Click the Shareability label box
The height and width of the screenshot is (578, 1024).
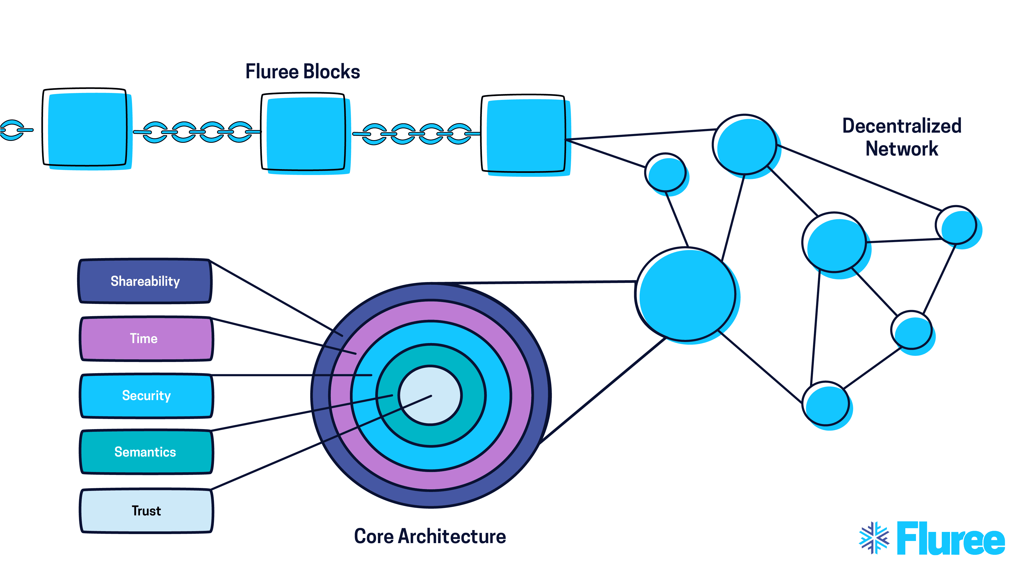[x=145, y=281]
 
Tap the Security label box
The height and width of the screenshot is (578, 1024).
[x=146, y=396]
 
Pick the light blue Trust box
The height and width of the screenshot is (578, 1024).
[x=146, y=511]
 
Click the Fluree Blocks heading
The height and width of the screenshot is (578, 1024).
[x=303, y=72]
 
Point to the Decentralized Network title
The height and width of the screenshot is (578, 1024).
[x=902, y=137]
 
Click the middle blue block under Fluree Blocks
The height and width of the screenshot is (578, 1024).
[x=304, y=133]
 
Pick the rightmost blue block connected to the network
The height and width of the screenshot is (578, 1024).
[x=525, y=135]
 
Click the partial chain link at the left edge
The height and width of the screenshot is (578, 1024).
[x=14, y=130]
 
